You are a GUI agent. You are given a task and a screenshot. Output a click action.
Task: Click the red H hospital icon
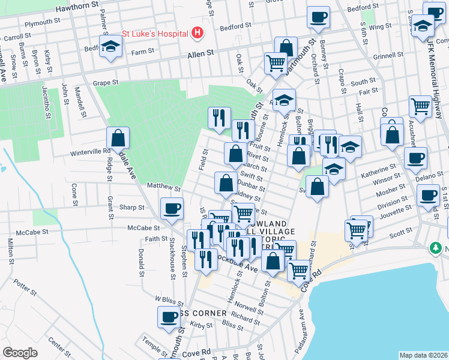tap(197, 34)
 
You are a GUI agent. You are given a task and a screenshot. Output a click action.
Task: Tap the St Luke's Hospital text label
tap(155, 34)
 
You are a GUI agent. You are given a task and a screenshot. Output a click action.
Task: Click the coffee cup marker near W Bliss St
tap(169, 317)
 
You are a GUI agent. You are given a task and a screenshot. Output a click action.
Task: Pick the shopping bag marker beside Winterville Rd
tap(118, 139)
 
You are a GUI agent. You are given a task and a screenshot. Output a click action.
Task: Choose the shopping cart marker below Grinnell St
tap(420, 107)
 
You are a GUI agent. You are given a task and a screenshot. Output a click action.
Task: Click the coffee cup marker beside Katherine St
tap(415, 158)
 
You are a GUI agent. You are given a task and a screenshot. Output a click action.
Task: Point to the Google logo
tap(20, 352)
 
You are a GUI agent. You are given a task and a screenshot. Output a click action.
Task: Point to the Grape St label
tap(106, 82)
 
